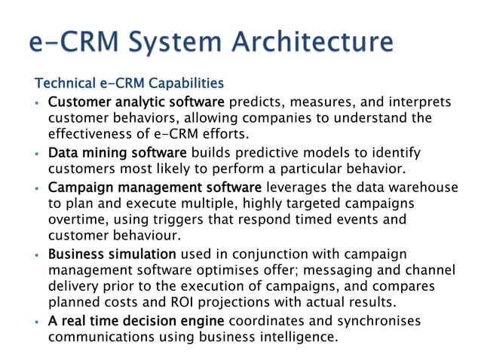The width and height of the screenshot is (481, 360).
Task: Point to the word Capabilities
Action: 184,82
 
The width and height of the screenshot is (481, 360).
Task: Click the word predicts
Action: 253,101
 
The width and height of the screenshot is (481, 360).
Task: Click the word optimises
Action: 227,270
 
